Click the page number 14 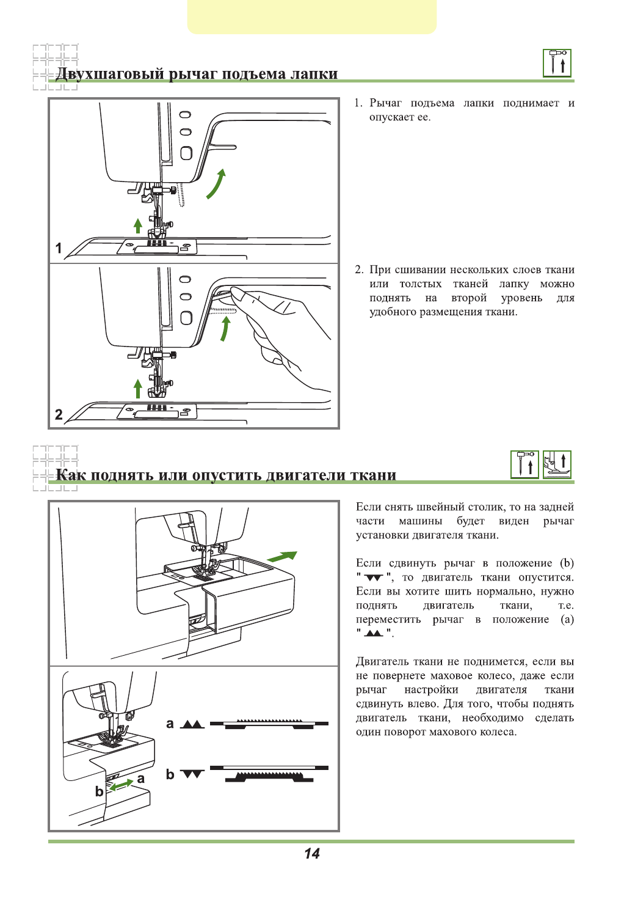[311, 854]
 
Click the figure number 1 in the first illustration [59, 248]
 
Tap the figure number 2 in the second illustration [59, 414]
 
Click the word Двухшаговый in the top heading [110, 74]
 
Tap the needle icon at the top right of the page [557, 63]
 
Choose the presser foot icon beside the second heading [557, 464]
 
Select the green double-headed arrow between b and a [121, 785]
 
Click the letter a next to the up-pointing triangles [170, 724]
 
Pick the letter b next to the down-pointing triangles [170, 774]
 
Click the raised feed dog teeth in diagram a [269, 721]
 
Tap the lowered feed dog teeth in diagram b [269, 777]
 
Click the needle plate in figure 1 [158, 246]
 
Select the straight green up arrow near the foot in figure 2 [138, 389]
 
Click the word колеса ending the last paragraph [496, 732]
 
